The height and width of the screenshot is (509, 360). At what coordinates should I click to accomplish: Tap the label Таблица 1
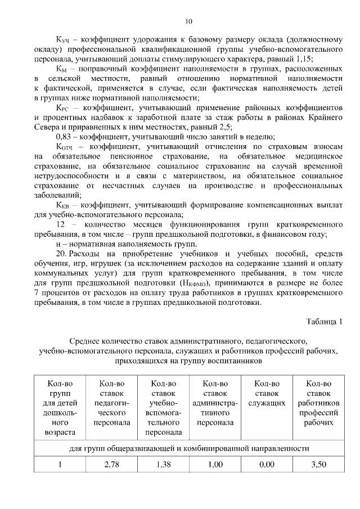point(324,321)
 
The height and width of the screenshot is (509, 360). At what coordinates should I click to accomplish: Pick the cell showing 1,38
point(163,465)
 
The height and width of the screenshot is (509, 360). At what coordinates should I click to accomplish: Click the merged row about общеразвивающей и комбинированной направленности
point(188,448)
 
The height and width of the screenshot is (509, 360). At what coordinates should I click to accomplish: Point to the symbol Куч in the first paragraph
point(62,40)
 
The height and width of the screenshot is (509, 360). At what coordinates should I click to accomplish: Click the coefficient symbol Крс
point(62,107)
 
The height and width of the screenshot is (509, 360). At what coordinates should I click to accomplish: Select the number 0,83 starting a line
point(66,137)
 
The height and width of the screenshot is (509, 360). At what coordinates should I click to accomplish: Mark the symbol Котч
point(64,147)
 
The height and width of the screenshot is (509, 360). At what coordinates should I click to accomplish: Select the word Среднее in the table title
point(86,341)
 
